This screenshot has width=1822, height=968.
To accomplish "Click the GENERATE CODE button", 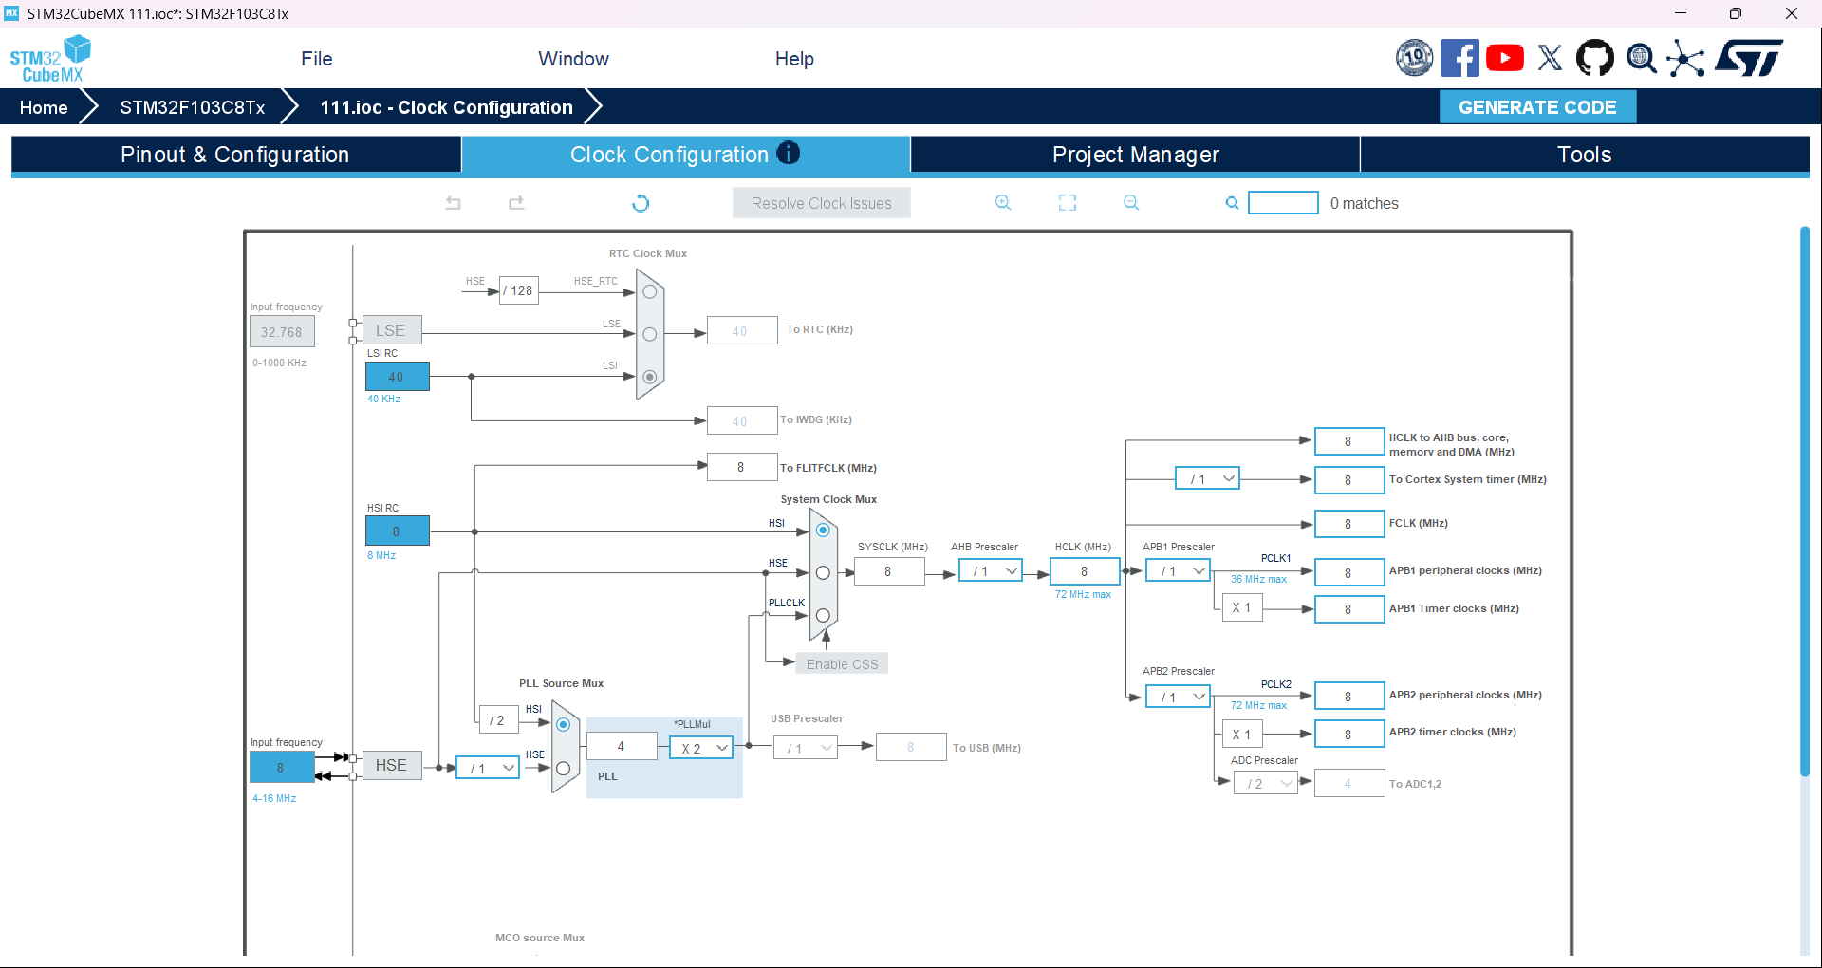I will pyautogui.click(x=1537, y=107).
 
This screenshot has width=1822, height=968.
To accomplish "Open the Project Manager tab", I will pyautogui.click(x=1135, y=155).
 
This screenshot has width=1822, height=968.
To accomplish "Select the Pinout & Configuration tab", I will pyautogui.click(x=235, y=155).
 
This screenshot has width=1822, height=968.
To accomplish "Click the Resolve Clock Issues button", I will pyautogui.click(x=821, y=203).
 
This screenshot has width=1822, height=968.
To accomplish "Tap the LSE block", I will pyautogui.click(x=391, y=330).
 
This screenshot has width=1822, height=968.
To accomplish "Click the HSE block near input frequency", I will pyautogui.click(x=391, y=765).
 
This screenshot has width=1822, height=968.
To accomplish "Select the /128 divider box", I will pyautogui.click(x=518, y=290).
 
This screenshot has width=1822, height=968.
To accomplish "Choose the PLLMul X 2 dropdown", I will pyautogui.click(x=701, y=748).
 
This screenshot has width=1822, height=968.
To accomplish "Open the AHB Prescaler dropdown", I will pyautogui.click(x=990, y=571).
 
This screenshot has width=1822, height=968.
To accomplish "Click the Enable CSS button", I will pyautogui.click(x=842, y=664).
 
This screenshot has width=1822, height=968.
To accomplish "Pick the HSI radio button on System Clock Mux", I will pyautogui.click(x=823, y=531).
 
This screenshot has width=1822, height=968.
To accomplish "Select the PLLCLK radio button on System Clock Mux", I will pyautogui.click(x=823, y=615).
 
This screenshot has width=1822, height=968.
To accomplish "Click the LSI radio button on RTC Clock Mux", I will pyautogui.click(x=650, y=377).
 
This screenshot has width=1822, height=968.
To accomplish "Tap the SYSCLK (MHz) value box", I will pyautogui.click(x=888, y=571).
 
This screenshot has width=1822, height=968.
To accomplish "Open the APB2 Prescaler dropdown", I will pyautogui.click(x=1178, y=697).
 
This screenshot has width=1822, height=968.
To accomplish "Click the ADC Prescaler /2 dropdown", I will pyautogui.click(x=1265, y=783).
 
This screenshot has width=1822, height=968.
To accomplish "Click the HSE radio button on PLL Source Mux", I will pyautogui.click(x=563, y=768).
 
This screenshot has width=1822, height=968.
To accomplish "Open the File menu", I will pyautogui.click(x=317, y=59).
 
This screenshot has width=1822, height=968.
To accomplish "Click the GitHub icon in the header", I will pyautogui.click(x=1594, y=58).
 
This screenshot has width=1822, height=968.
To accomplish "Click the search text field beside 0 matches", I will pyautogui.click(x=1283, y=203).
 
